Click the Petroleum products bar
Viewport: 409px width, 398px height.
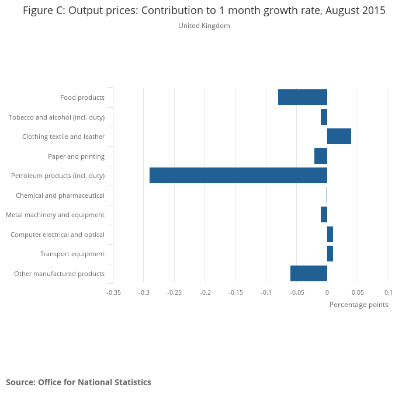(x=238, y=176)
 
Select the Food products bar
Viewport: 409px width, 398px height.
(x=303, y=97)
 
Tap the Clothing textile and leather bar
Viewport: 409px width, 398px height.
(x=339, y=137)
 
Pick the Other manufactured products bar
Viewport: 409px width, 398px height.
(x=309, y=273)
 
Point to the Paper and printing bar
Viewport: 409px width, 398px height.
(x=321, y=156)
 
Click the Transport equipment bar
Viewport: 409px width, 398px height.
(x=330, y=254)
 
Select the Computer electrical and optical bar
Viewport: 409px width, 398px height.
(x=330, y=235)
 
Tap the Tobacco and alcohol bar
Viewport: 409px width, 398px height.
(x=324, y=117)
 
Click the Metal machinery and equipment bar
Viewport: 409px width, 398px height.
(x=324, y=215)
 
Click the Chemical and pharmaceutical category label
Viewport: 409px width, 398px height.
(x=60, y=195)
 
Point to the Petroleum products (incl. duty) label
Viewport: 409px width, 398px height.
(x=58, y=176)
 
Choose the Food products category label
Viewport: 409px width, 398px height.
(x=82, y=97)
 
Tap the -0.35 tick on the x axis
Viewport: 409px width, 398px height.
(x=113, y=292)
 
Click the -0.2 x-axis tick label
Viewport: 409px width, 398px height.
(x=205, y=292)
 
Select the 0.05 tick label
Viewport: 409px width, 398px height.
(x=358, y=292)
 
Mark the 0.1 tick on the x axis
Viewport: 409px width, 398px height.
(x=388, y=292)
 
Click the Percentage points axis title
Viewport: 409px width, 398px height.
(x=359, y=305)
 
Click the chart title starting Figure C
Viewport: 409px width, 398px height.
(x=204, y=11)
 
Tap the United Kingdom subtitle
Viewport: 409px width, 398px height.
(x=204, y=26)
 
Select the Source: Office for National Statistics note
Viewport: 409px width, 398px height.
(x=78, y=382)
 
